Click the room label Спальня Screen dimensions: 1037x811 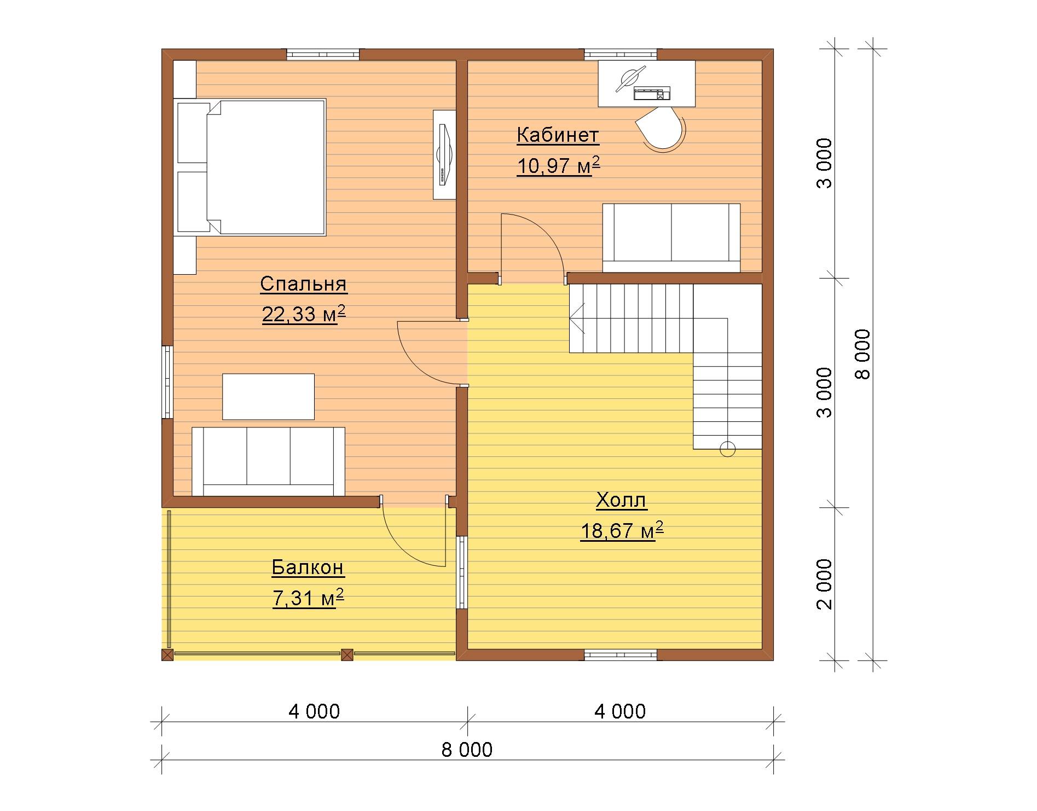[x=303, y=284]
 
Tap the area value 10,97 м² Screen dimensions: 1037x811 [x=558, y=165]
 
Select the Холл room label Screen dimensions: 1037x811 [x=621, y=500]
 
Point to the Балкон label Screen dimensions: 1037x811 [x=308, y=567]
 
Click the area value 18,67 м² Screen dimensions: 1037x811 [x=622, y=530]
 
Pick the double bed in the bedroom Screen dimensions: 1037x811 [x=251, y=167]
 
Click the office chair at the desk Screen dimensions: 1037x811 [x=662, y=130]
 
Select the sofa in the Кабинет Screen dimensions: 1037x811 [x=671, y=238]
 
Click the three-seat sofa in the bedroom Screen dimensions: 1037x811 [x=268, y=461]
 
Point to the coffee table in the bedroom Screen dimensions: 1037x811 [x=268, y=397]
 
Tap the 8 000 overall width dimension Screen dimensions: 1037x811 [x=467, y=749]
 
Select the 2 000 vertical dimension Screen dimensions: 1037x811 [x=824, y=584]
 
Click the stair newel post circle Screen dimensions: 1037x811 [x=728, y=449]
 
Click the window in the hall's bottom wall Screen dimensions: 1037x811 [x=621, y=654]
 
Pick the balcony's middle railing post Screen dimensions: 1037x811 [x=347, y=654]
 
